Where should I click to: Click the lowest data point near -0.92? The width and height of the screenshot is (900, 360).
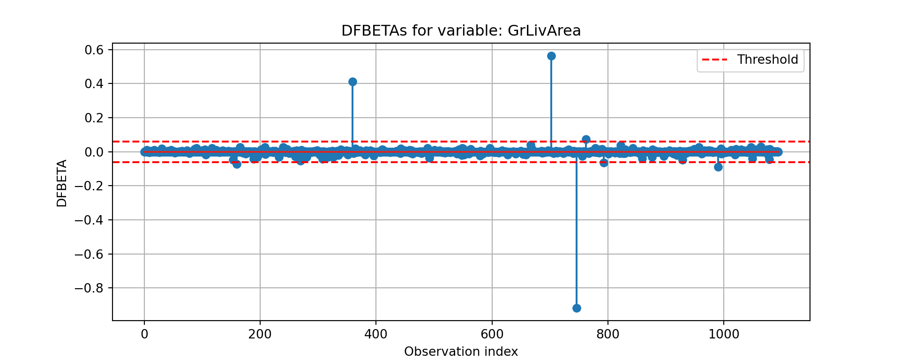click(x=577, y=308)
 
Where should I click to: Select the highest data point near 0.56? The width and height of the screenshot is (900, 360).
click(x=551, y=56)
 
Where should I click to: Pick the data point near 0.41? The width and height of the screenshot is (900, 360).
click(x=352, y=82)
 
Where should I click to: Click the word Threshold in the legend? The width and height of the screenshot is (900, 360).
click(x=767, y=60)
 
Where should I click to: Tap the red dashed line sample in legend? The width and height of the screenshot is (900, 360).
click(x=714, y=60)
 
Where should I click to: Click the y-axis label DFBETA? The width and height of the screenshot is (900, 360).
click(x=62, y=183)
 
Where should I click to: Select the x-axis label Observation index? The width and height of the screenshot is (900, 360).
click(x=461, y=352)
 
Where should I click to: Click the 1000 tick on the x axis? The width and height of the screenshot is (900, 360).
click(x=724, y=334)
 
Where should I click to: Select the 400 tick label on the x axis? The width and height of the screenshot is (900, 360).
click(x=376, y=334)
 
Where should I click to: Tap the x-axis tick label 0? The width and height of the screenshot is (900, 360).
click(x=144, y=334)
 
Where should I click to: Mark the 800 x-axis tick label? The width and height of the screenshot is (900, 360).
click(x=608, y=334)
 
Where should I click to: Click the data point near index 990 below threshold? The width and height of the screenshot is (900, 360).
click(x=718, y=167)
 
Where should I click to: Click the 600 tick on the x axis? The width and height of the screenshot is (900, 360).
click(x=492, y=334)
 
